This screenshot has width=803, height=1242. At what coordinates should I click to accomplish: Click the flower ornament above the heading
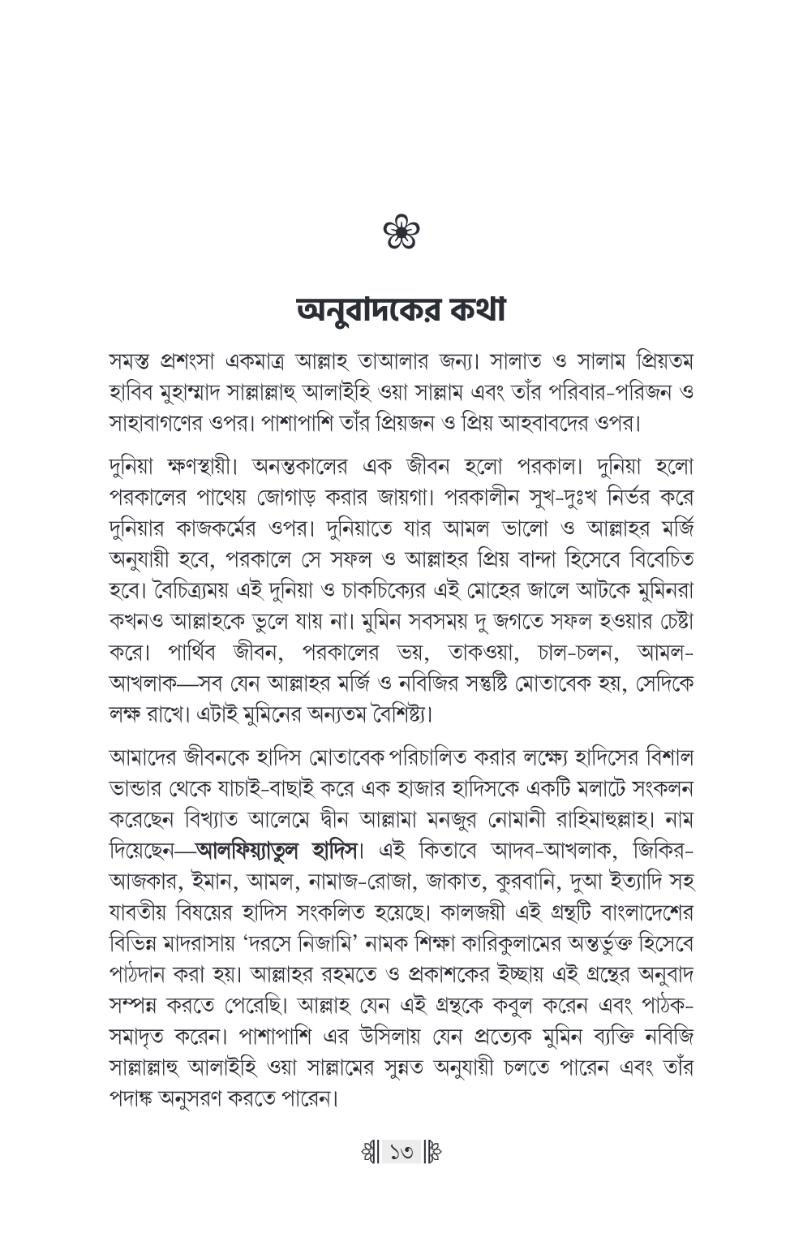point(402,233)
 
